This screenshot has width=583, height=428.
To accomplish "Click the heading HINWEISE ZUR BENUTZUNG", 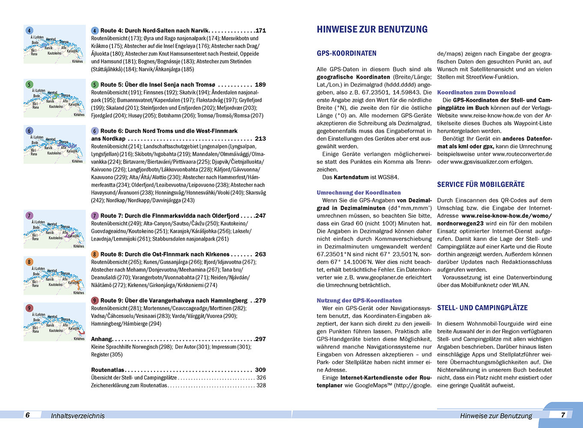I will [372, 30].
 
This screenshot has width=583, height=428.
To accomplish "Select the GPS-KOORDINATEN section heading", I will [346, 53].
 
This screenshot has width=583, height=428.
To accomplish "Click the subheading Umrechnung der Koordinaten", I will [359, 193].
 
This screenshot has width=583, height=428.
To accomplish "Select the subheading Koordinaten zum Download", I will [476, 92].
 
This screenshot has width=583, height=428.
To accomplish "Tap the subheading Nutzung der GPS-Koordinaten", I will [359, 300].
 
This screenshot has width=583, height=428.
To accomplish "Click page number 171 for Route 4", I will [260, 31].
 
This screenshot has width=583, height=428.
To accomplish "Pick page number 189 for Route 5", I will [260, 85].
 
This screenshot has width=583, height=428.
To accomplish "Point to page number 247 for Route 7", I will [260, 216].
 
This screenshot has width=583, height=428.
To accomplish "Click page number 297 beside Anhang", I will [260, 339].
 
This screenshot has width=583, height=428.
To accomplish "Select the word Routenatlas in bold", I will [107, 370].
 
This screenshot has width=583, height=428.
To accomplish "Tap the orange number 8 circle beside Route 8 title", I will [95, 254].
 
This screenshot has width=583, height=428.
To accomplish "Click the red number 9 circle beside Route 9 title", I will [95, 300].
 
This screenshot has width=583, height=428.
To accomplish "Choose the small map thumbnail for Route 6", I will [54, 145].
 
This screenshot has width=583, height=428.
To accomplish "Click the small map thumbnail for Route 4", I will [54, 45].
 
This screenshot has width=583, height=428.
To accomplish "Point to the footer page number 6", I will [28, 415].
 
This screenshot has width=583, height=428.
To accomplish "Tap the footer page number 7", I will [563, 415].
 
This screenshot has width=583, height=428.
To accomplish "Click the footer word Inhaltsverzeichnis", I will [77, 416].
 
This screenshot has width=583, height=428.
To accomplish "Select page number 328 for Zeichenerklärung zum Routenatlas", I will [261, 385].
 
